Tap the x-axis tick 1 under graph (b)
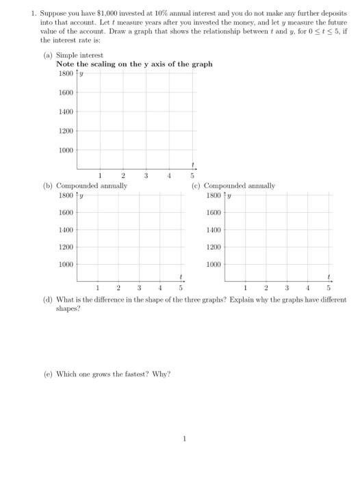(x=98, y=287)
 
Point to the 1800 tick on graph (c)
(x=214, y=195)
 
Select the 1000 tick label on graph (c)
(x=214, y=263)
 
